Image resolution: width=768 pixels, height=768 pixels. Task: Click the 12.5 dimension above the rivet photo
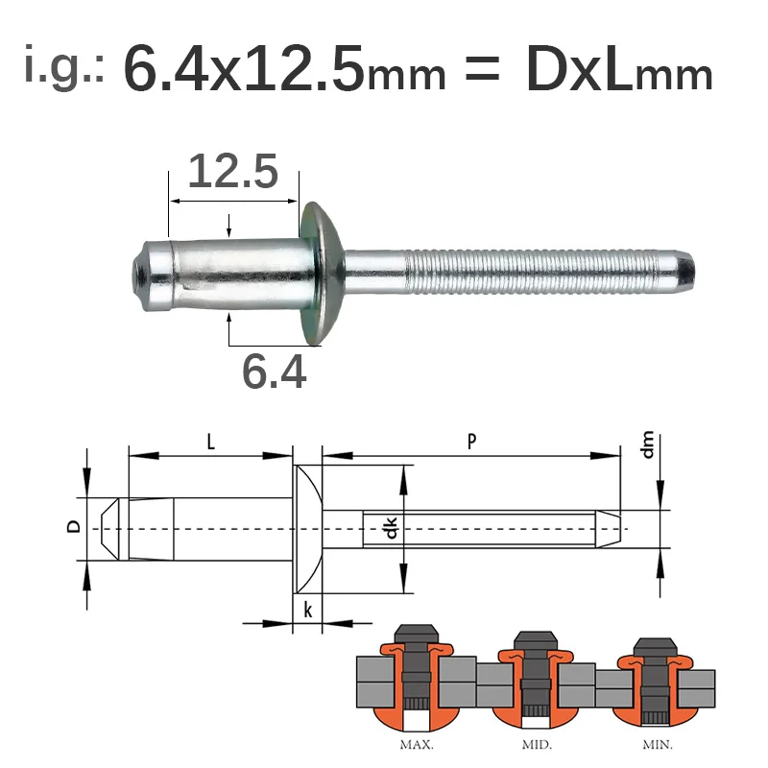[x=233, y=172]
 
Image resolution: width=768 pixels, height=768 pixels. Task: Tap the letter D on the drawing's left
[x=70, y=527]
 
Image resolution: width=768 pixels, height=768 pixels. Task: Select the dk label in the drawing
[x=391, y=529]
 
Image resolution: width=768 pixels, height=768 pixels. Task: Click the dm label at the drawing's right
[x=649, y=446]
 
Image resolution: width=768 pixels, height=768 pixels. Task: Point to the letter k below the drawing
[x=307, y=608]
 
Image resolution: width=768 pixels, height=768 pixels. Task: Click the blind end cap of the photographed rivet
[x=149, y=275]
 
